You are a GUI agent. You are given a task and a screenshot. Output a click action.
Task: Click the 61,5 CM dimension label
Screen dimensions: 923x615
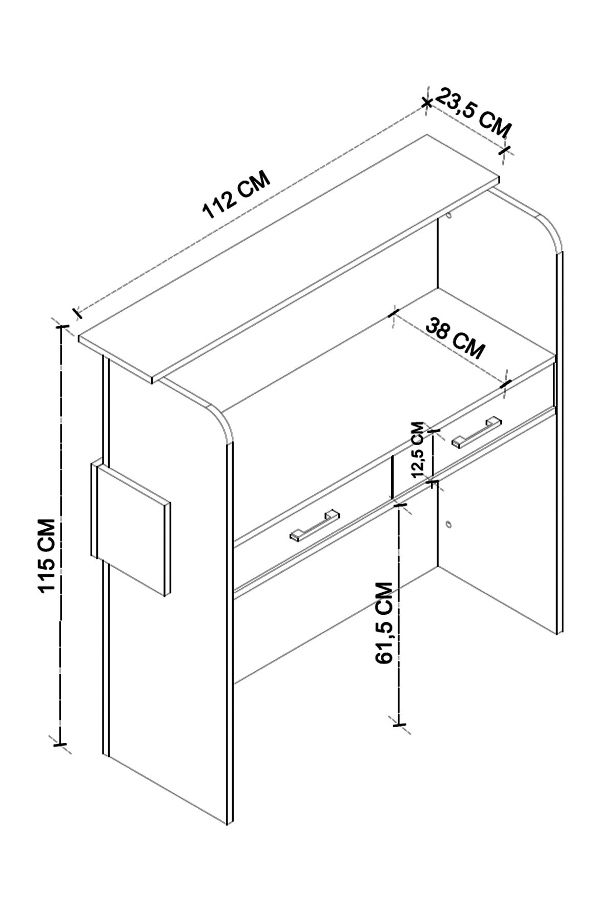384,623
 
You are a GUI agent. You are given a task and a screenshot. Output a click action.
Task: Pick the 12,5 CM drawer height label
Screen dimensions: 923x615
419,449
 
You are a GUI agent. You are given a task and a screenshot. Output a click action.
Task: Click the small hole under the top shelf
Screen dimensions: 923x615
449,215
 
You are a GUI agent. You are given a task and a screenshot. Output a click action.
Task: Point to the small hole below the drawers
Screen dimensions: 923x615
449,524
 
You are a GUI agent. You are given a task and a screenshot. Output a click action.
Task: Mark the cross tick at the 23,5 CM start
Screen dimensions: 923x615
426,102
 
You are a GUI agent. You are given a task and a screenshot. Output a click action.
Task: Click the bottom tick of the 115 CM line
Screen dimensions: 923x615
60,743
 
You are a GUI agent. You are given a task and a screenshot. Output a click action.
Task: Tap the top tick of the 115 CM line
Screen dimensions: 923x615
61,325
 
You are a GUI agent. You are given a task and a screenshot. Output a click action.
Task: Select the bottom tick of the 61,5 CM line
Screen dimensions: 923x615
399,725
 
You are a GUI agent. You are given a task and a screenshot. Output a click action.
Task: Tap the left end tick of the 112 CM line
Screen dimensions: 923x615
76,312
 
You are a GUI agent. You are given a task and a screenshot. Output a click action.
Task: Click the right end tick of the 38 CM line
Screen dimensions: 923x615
506,383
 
